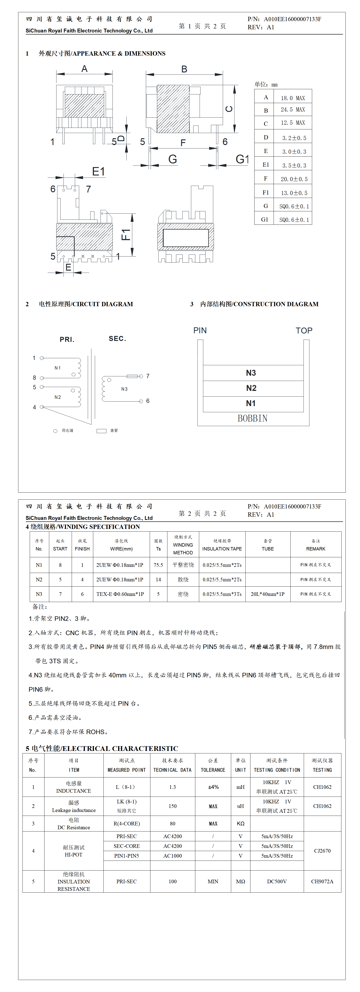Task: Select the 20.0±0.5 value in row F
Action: pyautogui.click(x=294, y=179)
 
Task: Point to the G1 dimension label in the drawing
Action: pyautogui.click(x=242, y=159)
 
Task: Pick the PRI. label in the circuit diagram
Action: pyautogui.click(x=67, y=339)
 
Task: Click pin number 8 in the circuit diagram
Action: pyautogui.click(x=34, y=378)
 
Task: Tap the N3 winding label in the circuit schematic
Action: pyautogui.click(x=124, y=389)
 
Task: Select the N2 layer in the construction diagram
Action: pyautogui.click(x=251, y=388)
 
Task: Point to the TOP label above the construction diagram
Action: pyautogui.click(x=304, y=331)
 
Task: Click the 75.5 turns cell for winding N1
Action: pyautogui.click(x=158, y=565)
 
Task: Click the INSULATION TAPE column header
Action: pyautogui.click(x=222, y=549)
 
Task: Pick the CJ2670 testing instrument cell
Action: pyautogui.click(x=322, y=851)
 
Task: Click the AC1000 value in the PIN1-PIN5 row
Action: pyautogui.click(x=172, y=856)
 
